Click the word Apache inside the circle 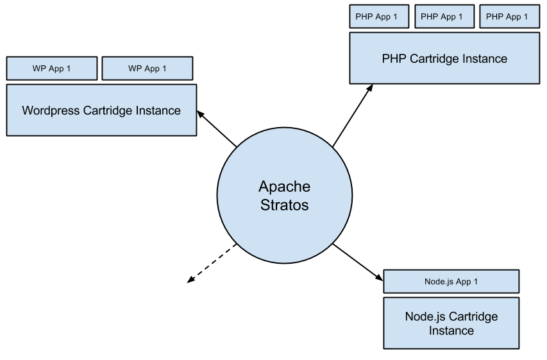[x=284, y=187]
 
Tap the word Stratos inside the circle [x=284, y=205]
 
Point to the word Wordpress [x=51, y=110]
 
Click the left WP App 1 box [x=51, y=69]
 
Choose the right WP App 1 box [x=147, y=69]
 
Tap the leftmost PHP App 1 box [x=378, y=17]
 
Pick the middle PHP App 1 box [x=444, y=17]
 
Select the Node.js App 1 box [x=451, y=282]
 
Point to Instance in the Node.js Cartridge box [x=451, y=331]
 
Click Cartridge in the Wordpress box [x=108, y=110]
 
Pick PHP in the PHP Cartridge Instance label [x=394, y=59]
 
